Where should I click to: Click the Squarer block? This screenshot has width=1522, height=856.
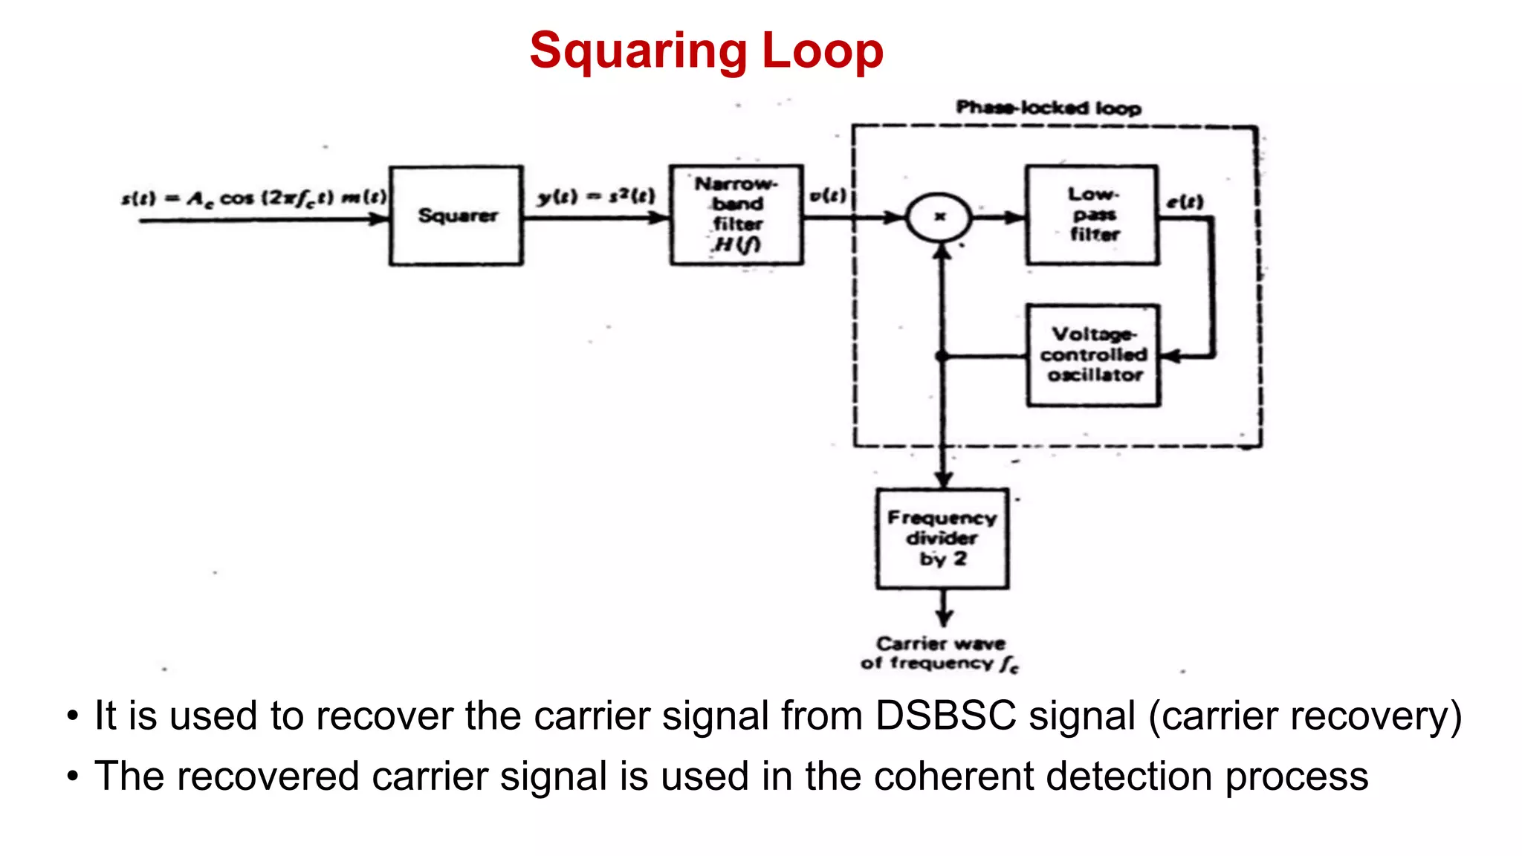coord(456,215)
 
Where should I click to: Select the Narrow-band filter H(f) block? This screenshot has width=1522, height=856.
coord(736,215)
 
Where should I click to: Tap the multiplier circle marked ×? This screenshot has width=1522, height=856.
coord(939,217)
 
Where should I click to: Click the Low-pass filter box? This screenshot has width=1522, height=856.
coord(1092,215)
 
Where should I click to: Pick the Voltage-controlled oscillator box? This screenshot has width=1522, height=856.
coord(1093,355)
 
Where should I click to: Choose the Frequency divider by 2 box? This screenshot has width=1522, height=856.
coord(942,539)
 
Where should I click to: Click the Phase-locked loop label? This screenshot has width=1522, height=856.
coord(1048,108)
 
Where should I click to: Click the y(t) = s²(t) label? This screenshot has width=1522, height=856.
coord(597,196)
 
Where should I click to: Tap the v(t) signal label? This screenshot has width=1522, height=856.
coord(827,195)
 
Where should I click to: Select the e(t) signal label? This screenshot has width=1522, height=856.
coord(1185,201)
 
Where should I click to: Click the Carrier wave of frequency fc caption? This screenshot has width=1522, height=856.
coord(940,653)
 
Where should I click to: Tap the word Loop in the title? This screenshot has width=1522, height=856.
coord(823,51)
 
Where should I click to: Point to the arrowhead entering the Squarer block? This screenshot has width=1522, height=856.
coord(380,218)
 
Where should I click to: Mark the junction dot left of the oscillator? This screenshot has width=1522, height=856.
coord(942,357)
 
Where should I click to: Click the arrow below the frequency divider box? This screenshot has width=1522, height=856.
coord(944,614)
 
